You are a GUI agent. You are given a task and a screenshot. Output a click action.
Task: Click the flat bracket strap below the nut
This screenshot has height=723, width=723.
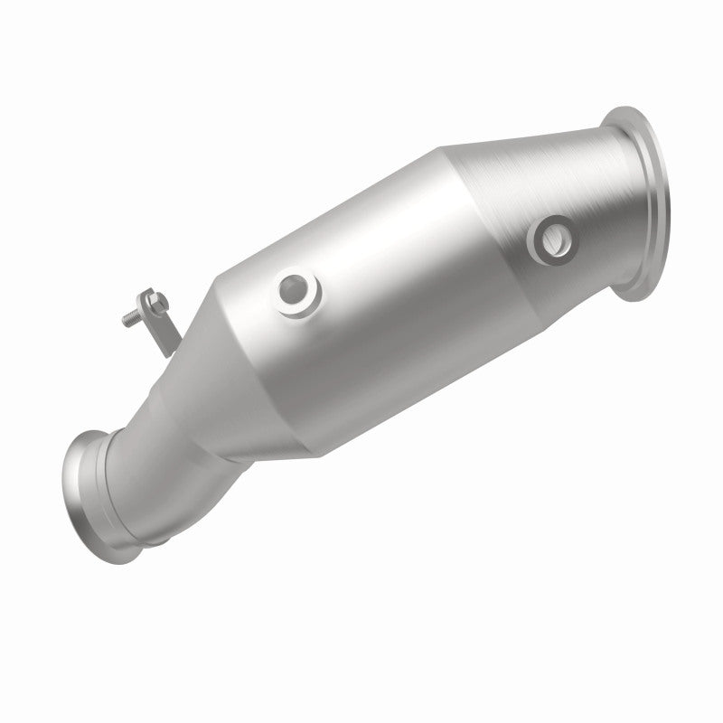[163, 331]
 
